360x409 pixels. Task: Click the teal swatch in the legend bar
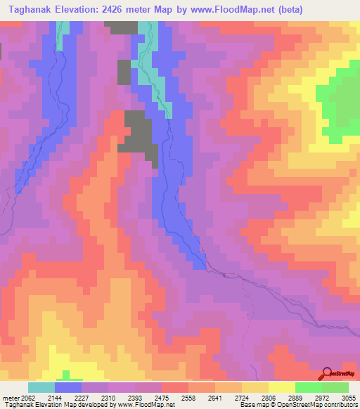pyautogui.click(x=41, y=387)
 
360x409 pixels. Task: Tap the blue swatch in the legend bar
pyautogui.click(x=68, y=387)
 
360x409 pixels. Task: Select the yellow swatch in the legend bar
pyautogui.click(x=282, y=387)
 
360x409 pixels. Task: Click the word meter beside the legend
pyautogui.click(x=8, y=398)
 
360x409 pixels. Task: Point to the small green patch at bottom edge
pyautogui.click(x=67, y=375)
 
